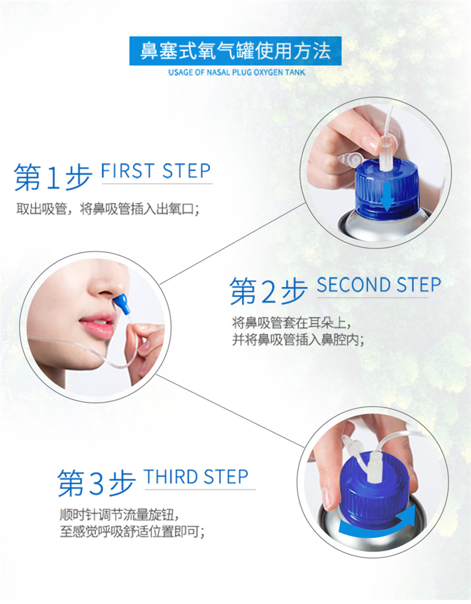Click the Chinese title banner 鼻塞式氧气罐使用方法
(x=235, y=51)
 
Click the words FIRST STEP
(x=156, y=171)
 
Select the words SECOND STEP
(x=379, y=285)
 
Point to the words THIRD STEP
(x=196, y=477)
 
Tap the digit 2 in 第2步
(x=268, y=291)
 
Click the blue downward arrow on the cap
(x=387, y=197)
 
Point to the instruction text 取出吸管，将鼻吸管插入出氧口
(x=107, y=209)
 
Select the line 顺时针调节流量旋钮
(x=119, y=515)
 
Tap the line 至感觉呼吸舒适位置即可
(x=132, y=532)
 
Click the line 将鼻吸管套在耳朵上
(x=291, y=322)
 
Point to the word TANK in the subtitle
(x=295, y=72)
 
